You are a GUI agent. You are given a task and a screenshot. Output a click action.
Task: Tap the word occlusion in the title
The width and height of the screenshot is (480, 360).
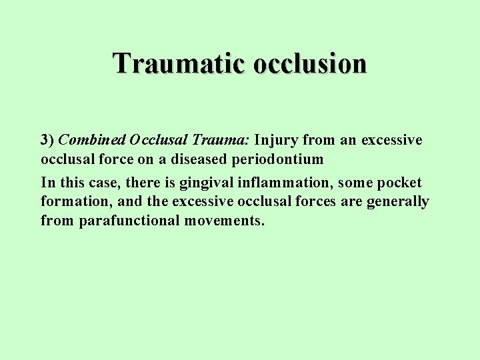pos(310,64)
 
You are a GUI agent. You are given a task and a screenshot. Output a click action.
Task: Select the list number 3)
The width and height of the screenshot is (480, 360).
pos(47,141)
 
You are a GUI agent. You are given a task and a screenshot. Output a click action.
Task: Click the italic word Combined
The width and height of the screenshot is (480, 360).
pos(92,141)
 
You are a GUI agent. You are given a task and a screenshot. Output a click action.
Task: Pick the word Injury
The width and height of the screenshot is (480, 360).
pos(276,141)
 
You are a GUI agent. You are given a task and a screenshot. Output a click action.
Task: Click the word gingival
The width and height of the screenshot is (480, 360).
pos(207,183)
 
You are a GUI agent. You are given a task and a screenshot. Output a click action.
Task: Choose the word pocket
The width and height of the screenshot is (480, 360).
pos(398,183)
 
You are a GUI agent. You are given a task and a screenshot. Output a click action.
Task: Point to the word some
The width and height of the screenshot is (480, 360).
pos(358,183)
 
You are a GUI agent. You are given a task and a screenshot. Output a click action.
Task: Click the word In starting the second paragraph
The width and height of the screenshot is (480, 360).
pos(47,183)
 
